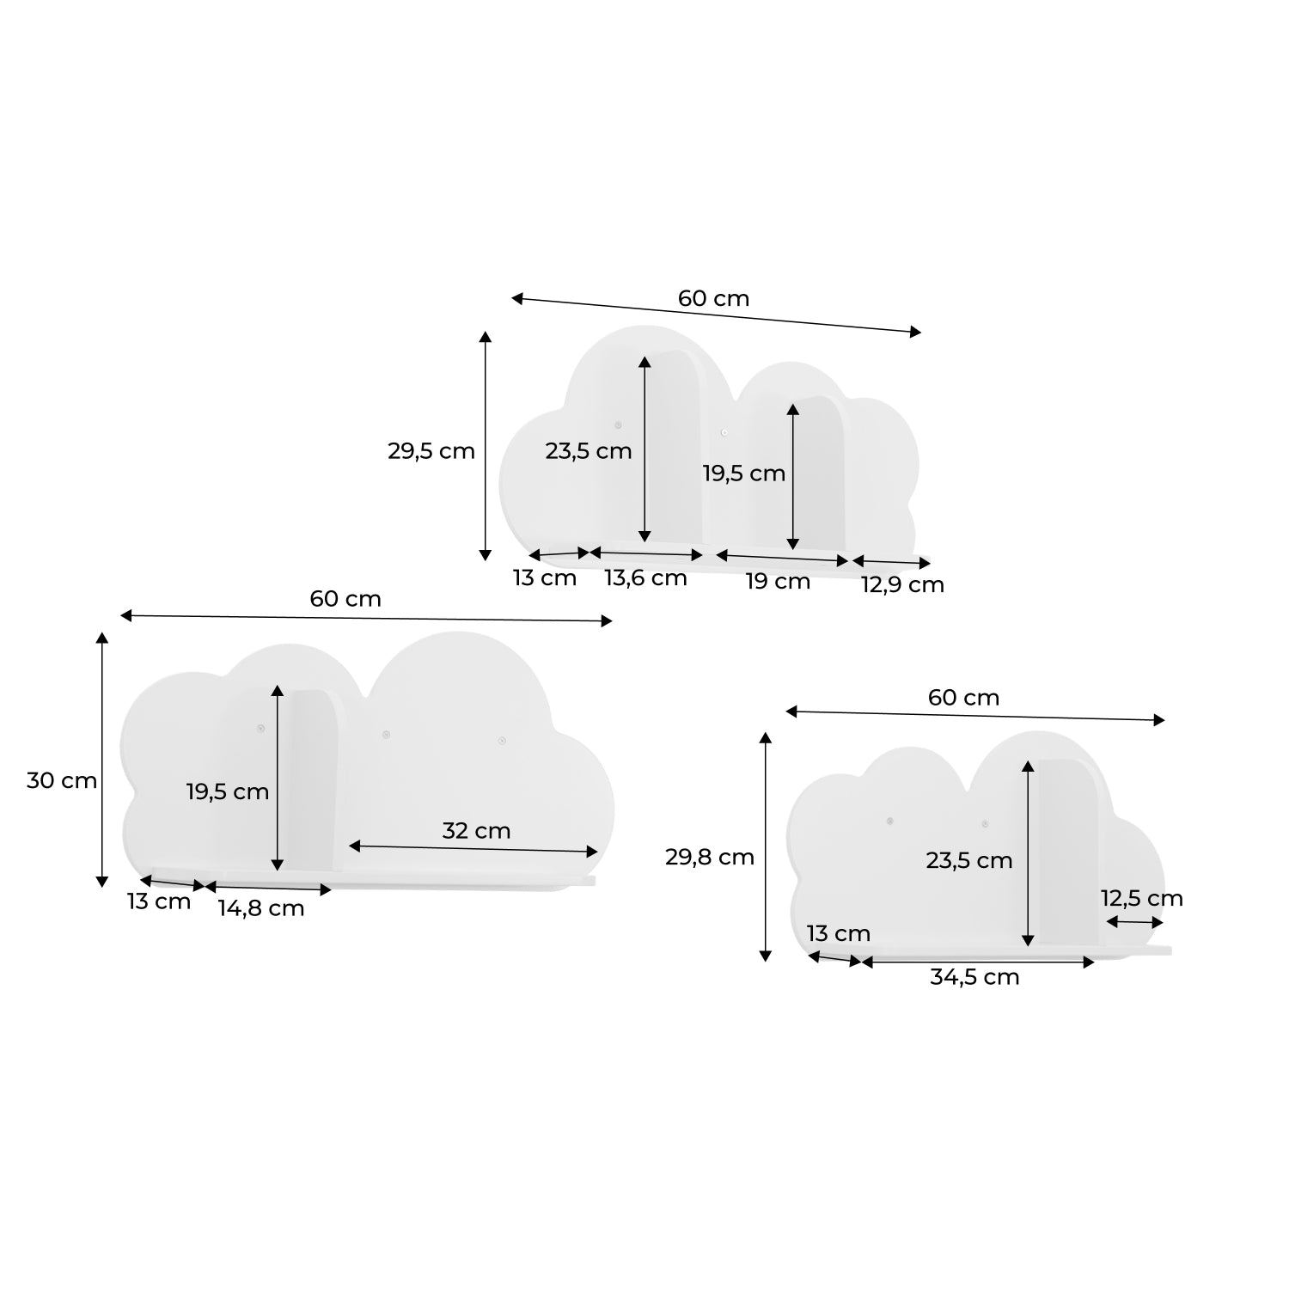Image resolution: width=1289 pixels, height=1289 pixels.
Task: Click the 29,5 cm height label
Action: [431, 451]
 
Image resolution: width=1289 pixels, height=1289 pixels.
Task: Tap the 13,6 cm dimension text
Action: [645, 578]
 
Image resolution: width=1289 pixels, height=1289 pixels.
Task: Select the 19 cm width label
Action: [778, 582]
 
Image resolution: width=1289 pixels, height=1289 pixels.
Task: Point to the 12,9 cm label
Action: [902, 585]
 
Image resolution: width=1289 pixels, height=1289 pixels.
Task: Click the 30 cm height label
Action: [62, 781]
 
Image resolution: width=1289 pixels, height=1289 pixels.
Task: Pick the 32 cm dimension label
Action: [476, 831]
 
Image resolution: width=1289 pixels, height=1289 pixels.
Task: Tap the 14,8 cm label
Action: [260, 908]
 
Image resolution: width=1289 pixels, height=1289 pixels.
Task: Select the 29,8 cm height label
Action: [710, 857]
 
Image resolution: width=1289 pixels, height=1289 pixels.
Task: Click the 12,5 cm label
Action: [1142, 899]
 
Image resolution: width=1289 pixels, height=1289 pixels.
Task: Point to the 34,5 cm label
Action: [974, 977]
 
